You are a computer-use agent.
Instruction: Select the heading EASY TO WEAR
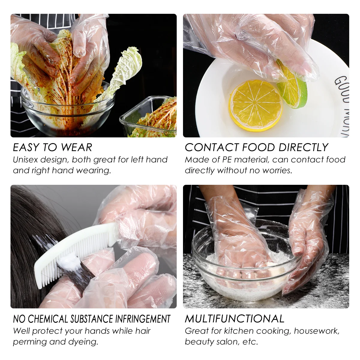[52, 147]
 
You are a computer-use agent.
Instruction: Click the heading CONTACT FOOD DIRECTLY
[256, 147]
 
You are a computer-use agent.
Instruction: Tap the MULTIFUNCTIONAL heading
[234, 319]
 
